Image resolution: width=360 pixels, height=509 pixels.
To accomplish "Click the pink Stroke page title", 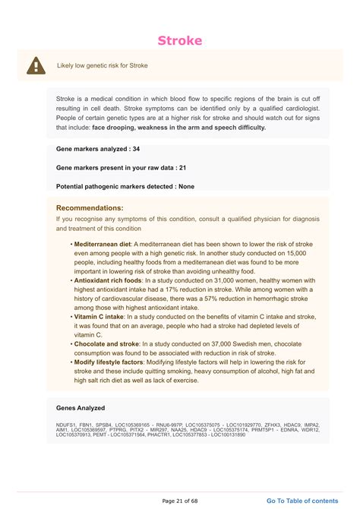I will (180, 40).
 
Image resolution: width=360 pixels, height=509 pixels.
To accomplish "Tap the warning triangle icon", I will (36, 66).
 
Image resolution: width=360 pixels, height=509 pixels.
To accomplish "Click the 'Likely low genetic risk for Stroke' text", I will (102, 65).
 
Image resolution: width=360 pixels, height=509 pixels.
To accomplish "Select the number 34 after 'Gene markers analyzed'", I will (135, 149).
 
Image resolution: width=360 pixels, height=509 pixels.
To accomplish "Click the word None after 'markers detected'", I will (186, 185).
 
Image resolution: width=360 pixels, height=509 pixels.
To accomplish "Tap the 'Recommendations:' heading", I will (90, 207).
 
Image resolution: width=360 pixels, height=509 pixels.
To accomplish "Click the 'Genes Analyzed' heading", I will (81, 408).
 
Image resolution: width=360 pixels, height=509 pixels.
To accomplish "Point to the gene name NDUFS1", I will (67, 425).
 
